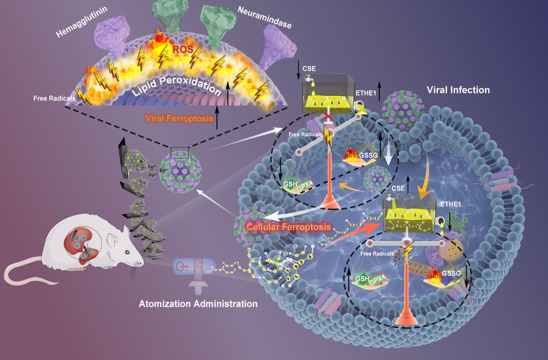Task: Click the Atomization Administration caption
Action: coord(198,304)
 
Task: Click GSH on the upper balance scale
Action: coord(288,184)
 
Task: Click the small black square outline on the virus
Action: coord(179,152)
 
